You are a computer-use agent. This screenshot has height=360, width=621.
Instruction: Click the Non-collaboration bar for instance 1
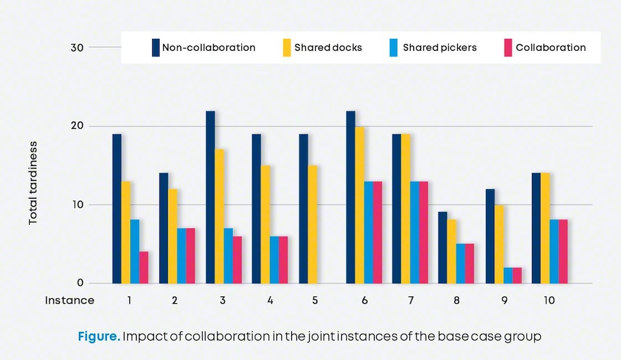tap(116, 208)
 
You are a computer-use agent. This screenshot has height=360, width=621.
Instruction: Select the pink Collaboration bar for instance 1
tap(144, 267)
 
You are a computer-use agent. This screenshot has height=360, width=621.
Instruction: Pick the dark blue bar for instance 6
tap(351, 197)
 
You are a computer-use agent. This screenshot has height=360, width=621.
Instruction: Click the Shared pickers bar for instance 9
tap(507, 275)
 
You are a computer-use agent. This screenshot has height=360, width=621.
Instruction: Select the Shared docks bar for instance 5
tap(312, 224)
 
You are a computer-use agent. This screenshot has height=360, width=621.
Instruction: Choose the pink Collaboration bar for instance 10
tap(563, 252)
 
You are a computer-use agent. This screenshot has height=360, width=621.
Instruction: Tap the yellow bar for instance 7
tap(406, 208)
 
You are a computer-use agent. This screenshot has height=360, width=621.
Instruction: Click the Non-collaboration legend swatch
tap(156, 47)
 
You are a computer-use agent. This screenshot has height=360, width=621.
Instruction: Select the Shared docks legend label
tap(328, 47)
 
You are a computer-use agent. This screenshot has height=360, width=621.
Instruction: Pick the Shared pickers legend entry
tap(440, 47)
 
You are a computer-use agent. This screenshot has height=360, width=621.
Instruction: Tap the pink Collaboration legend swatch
tap(508, 47)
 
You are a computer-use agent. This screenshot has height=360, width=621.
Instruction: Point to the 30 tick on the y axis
tap(77, 47)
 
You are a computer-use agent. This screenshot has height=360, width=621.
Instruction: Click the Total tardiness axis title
tap(33, 183)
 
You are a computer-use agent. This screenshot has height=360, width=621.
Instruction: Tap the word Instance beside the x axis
tap(70, 300)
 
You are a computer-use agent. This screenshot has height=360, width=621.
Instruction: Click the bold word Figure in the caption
tap(99, 336)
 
